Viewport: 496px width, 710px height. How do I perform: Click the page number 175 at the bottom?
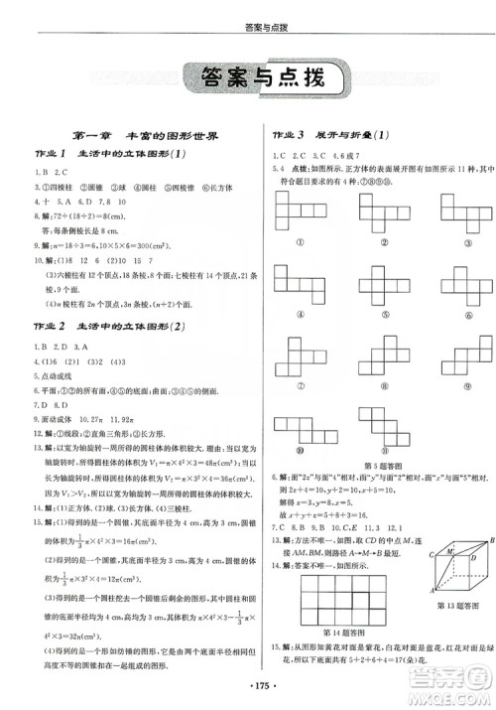(248, 686)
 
